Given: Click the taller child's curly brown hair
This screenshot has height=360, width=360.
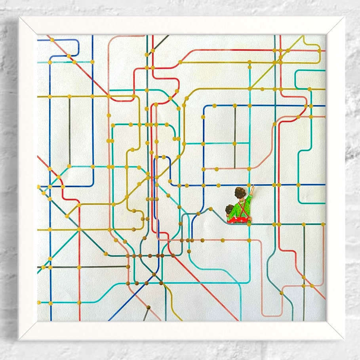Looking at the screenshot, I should click(x=240, y=193).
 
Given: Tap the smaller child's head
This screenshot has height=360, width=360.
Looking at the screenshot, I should click(x=229, y=210).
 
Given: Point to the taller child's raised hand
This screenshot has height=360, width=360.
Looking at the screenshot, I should click(x=252, y=189).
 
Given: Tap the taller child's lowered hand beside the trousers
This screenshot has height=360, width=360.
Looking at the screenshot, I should click(x=250, y=219).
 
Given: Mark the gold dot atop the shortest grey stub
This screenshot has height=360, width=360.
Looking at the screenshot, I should click(x=149, y=307).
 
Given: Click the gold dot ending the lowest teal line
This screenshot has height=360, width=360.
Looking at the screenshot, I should click(x=39, y=303).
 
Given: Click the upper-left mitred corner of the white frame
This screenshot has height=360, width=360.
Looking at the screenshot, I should click(x=28, y=26).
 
